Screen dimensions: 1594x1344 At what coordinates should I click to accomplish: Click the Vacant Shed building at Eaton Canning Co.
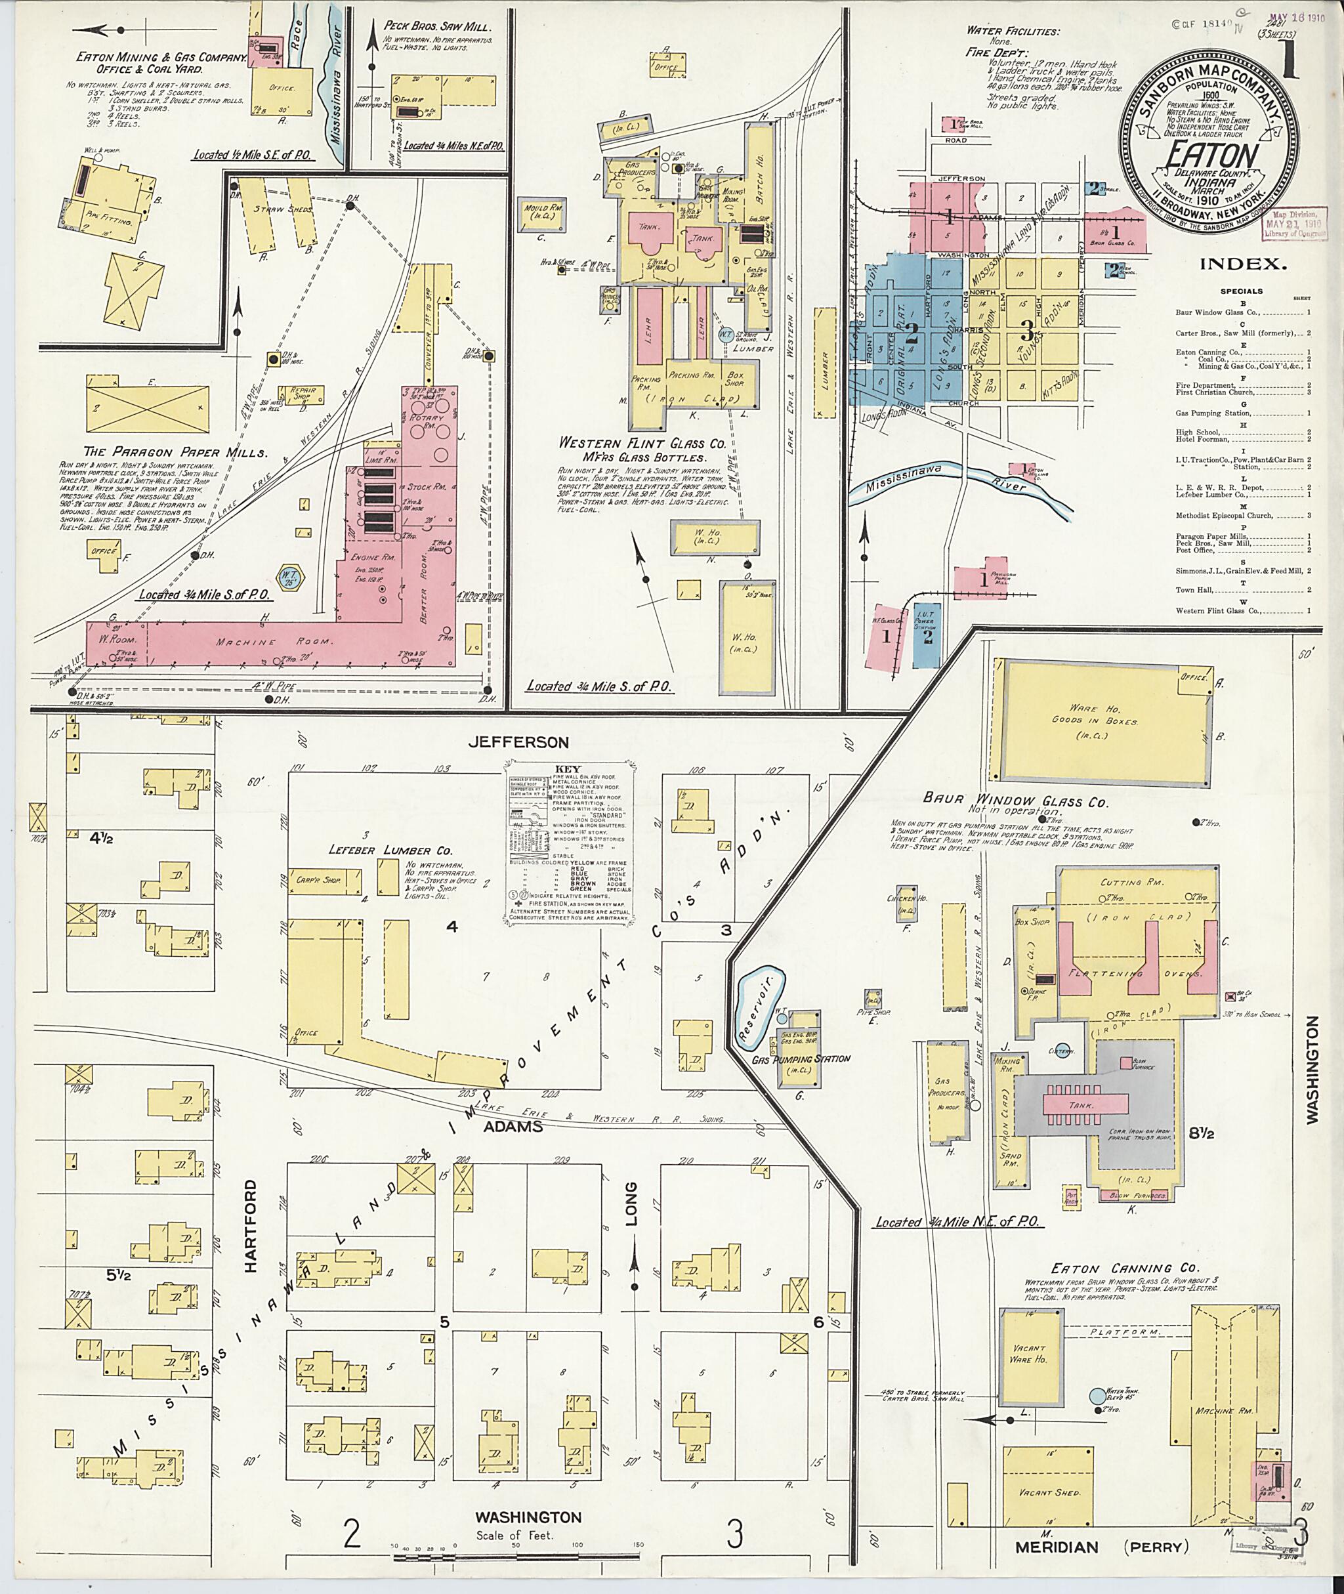point(1052,1491)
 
